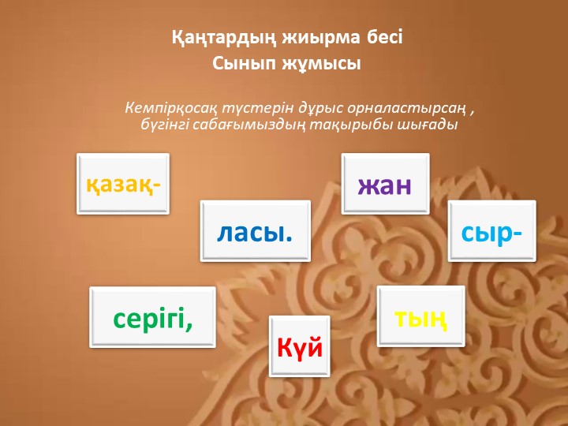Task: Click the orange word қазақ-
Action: [x=123, y=185]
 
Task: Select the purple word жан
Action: [x=386, y=185]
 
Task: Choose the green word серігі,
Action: [x=153, y=318]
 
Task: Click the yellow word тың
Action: [x=421, y=316]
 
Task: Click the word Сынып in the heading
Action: [x=239, y=64]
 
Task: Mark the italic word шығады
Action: [x=430, y=125]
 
